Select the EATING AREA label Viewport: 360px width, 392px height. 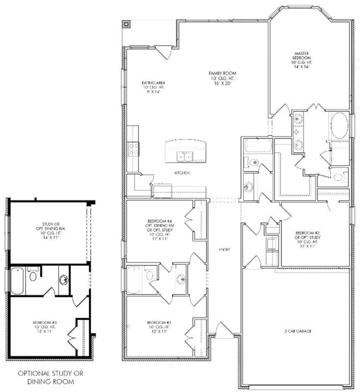point(153,83)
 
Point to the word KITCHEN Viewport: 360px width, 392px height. point(182,174)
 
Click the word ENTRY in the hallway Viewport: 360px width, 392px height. point(224,250)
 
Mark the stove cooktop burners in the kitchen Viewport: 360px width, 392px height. point(134,149)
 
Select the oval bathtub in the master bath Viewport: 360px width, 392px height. point(339,125)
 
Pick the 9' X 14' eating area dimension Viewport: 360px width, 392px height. point(153,92)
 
